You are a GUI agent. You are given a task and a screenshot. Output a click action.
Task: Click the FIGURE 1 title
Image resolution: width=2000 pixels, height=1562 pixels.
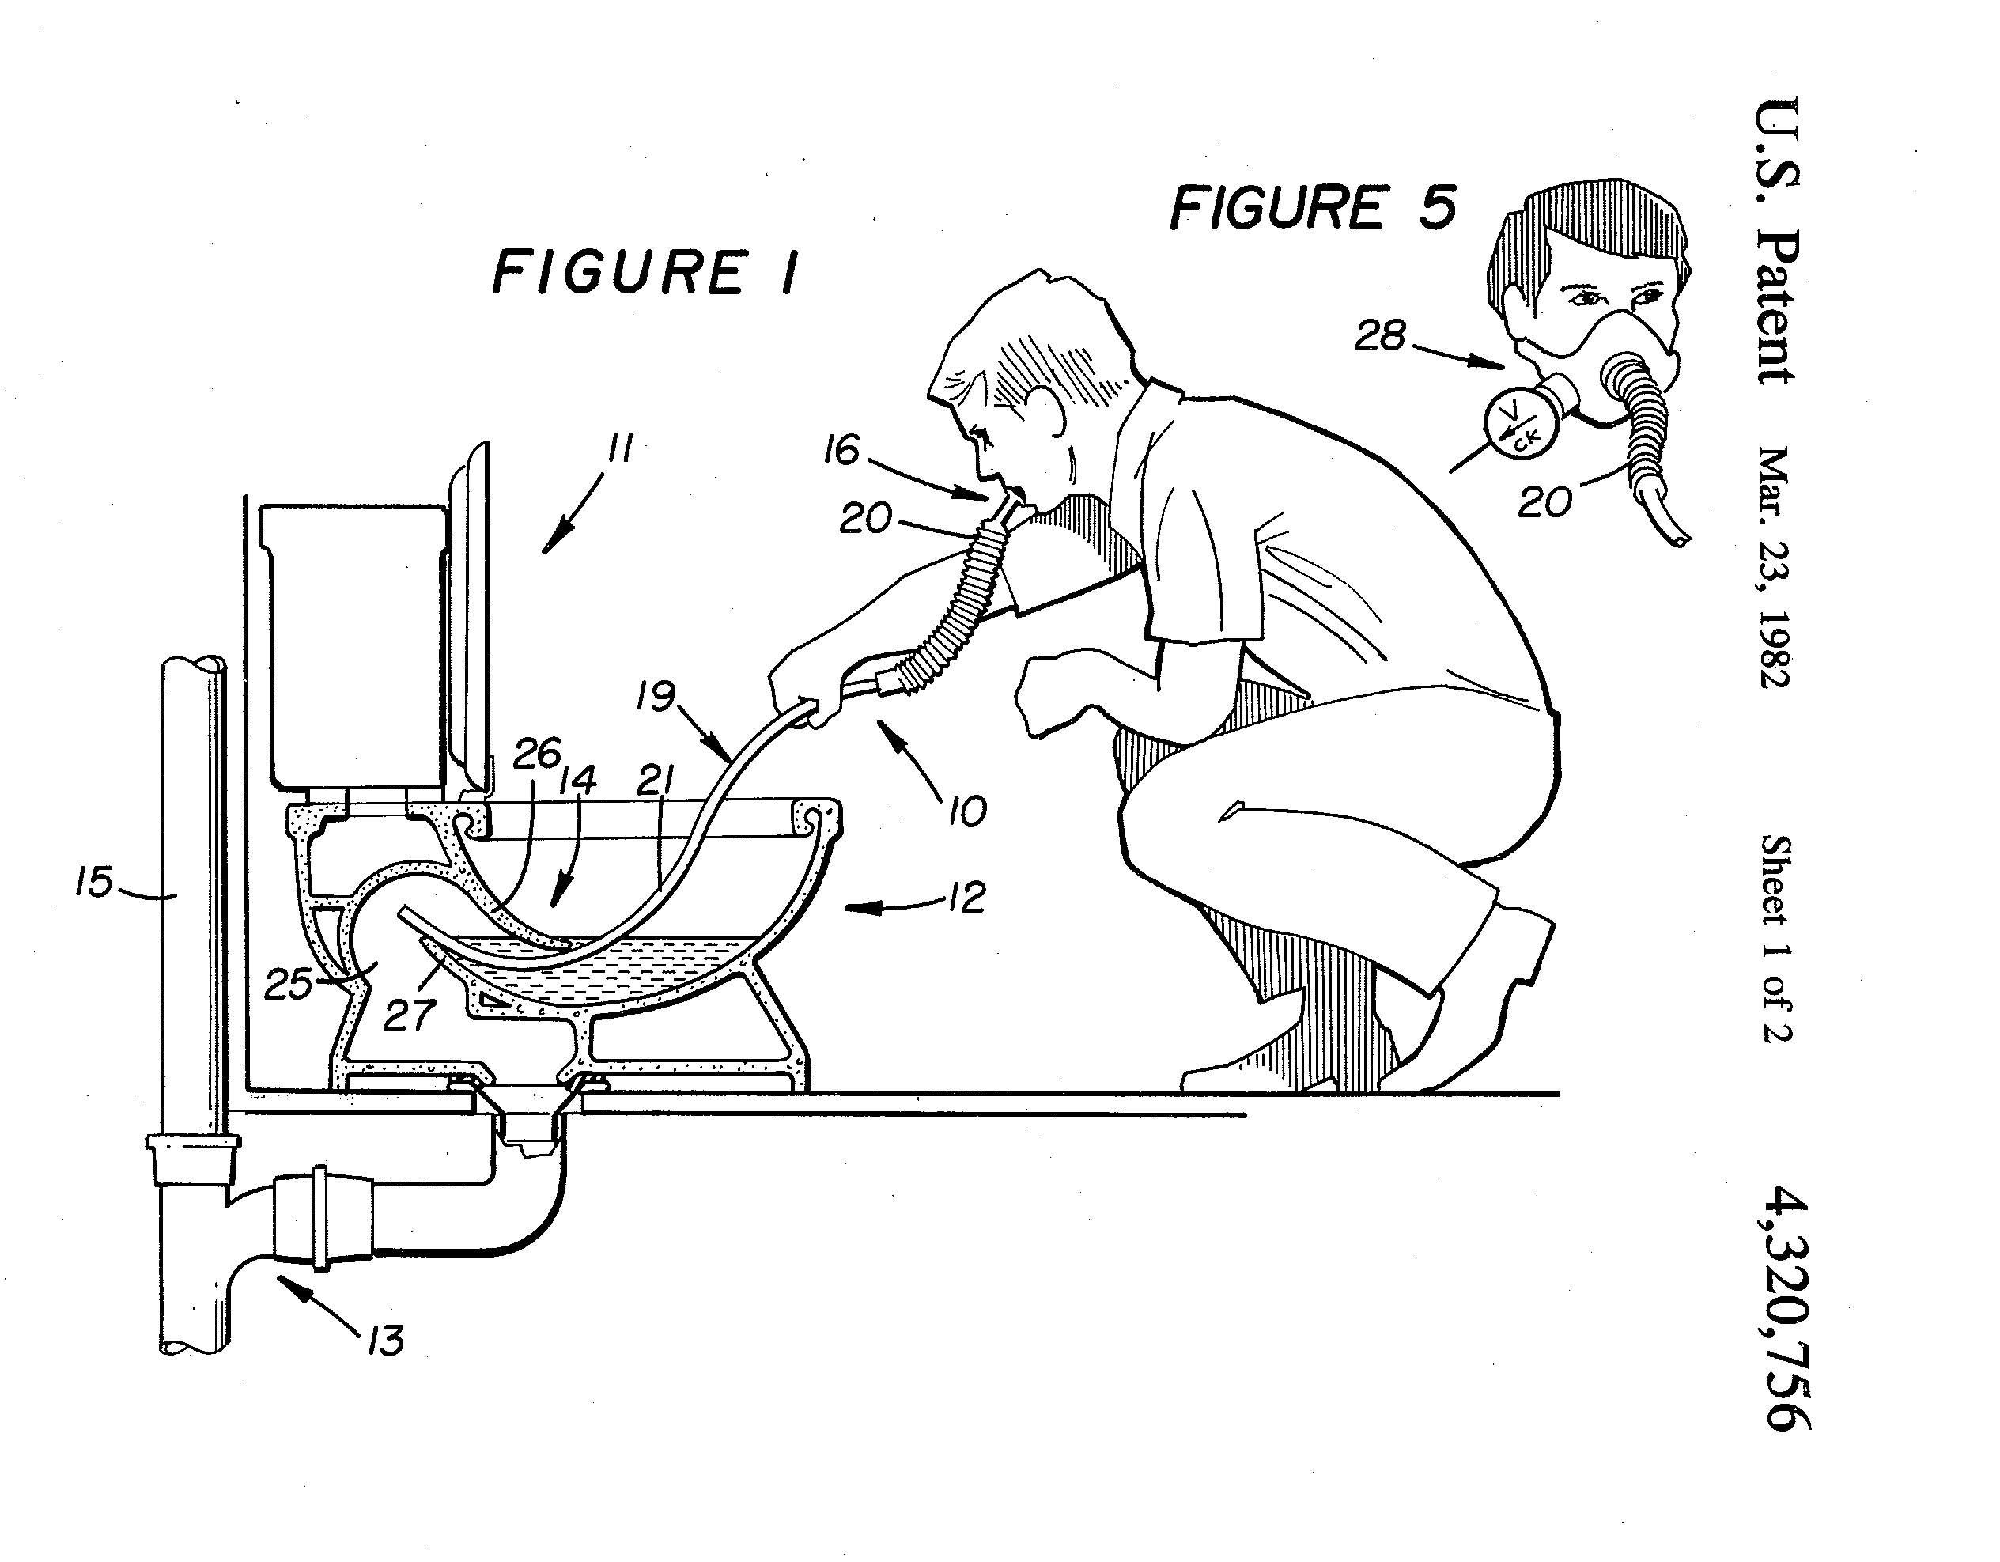point(645,273)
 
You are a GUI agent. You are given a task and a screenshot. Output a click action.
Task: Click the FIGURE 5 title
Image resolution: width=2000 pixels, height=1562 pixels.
point(1314,207)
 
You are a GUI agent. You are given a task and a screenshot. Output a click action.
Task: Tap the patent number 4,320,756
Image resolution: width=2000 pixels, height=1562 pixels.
point(1787,1307)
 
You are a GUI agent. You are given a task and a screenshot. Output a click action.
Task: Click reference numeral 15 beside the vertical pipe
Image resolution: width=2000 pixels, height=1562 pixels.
point(93,883)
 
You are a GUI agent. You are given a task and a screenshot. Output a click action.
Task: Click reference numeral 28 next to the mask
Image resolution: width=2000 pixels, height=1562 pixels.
point(1381,336)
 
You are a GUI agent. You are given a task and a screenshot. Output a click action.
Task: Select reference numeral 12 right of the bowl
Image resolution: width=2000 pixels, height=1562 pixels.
point(966,898)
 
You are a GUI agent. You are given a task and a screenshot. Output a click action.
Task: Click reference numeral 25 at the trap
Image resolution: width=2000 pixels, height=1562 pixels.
point(289,985)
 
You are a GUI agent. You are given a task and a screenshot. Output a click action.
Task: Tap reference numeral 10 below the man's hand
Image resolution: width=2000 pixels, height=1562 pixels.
point(967,811)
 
